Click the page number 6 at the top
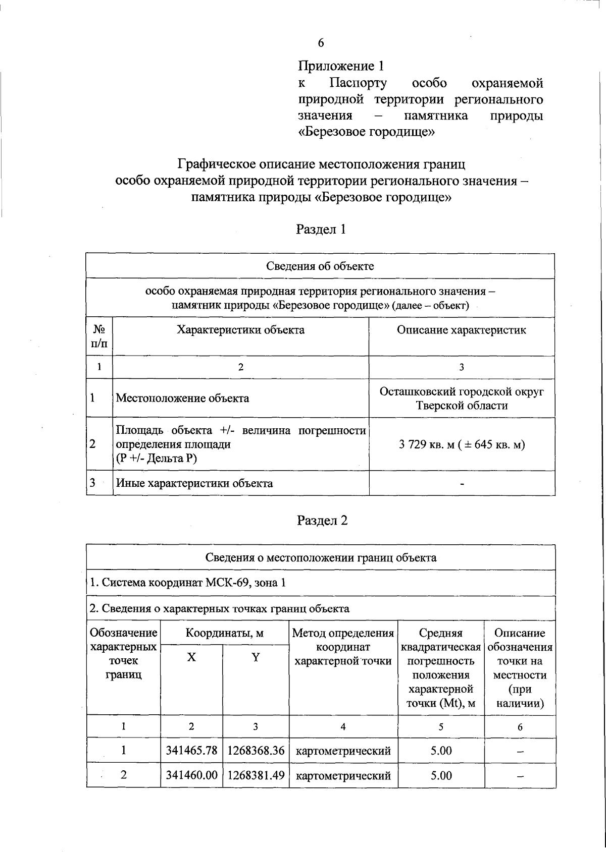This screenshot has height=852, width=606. [321, 43]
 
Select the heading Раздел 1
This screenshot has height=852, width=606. [321, 230]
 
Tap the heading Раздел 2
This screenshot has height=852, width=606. [321, 520]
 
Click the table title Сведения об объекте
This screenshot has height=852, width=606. [320, 266]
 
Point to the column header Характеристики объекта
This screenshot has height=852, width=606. [240, 330]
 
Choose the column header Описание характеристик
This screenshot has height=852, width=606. [461, 330]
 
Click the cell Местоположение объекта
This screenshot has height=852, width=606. [182, 398]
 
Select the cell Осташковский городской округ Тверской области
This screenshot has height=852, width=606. [462, 399]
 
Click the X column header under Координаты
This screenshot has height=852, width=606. [191, 658]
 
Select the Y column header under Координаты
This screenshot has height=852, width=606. [256, 658]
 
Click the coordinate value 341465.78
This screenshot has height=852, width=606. [191, 751]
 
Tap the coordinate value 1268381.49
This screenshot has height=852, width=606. [256, 775]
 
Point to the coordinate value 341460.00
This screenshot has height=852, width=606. [191, 775]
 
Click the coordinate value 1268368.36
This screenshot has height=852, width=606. [256, 751]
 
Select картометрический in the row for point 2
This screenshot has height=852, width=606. [343, 776]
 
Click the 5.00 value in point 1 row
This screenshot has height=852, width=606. [441, 751]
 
